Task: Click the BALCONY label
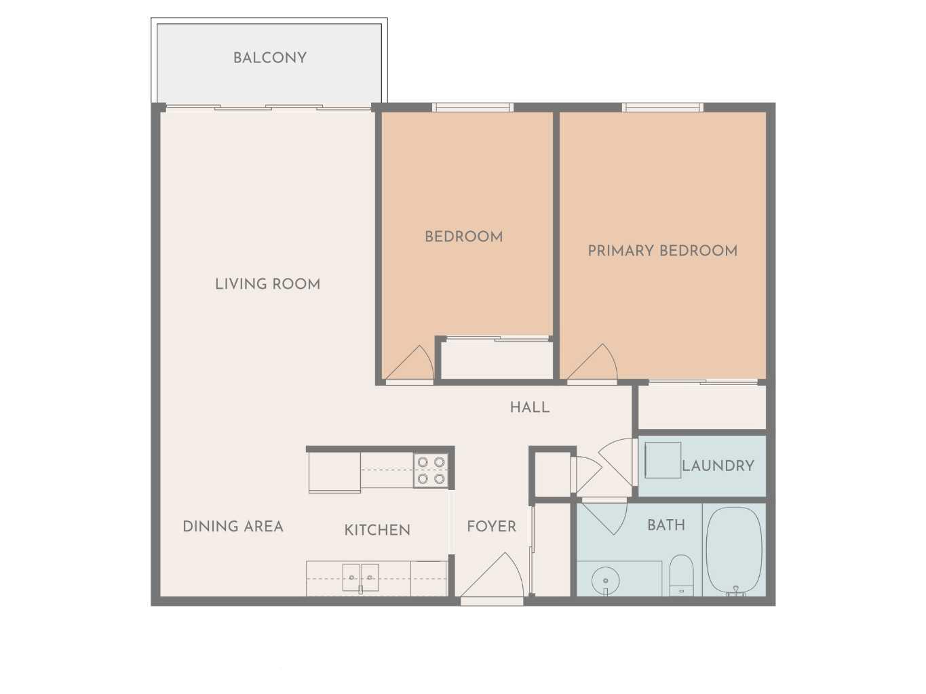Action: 270,58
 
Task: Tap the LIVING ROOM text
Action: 267,284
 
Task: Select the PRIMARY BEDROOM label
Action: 662,251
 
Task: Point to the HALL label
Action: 530,407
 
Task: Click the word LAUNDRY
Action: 718,466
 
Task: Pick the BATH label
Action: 665,525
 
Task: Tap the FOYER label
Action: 491,527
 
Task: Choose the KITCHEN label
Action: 377,530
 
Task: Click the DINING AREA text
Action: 233,527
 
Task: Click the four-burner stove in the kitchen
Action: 431,470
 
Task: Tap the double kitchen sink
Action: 360,577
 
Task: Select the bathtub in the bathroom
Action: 734,550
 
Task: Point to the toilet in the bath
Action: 681,575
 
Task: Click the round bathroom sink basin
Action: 605,580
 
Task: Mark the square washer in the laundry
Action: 662,460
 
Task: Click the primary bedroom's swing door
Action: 593,365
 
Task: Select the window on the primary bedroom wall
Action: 662,107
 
